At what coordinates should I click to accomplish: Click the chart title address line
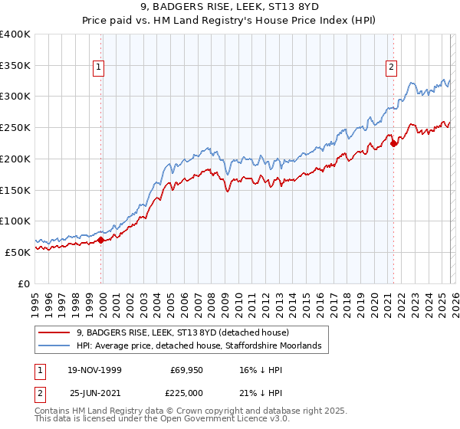[x=229, y=8]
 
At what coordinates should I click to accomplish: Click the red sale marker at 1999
[x=101, y=240]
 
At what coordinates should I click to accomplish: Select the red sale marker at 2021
[x=393, y=142]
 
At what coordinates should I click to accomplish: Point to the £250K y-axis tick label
[x=15, y=127]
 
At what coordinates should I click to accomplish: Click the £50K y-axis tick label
[x=18, y=252]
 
